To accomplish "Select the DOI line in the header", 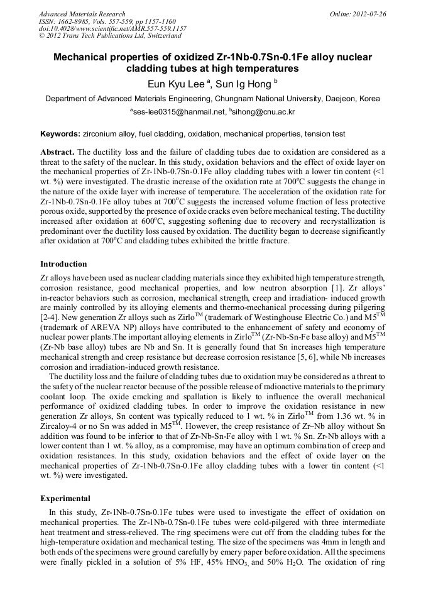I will pos(112,28).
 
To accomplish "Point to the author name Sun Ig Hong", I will pos(241,83).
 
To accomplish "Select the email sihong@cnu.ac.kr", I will pos(263,112).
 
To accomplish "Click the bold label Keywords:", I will pos(60,134).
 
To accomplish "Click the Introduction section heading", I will pos(63,263).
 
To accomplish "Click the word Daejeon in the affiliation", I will pos(344,99).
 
